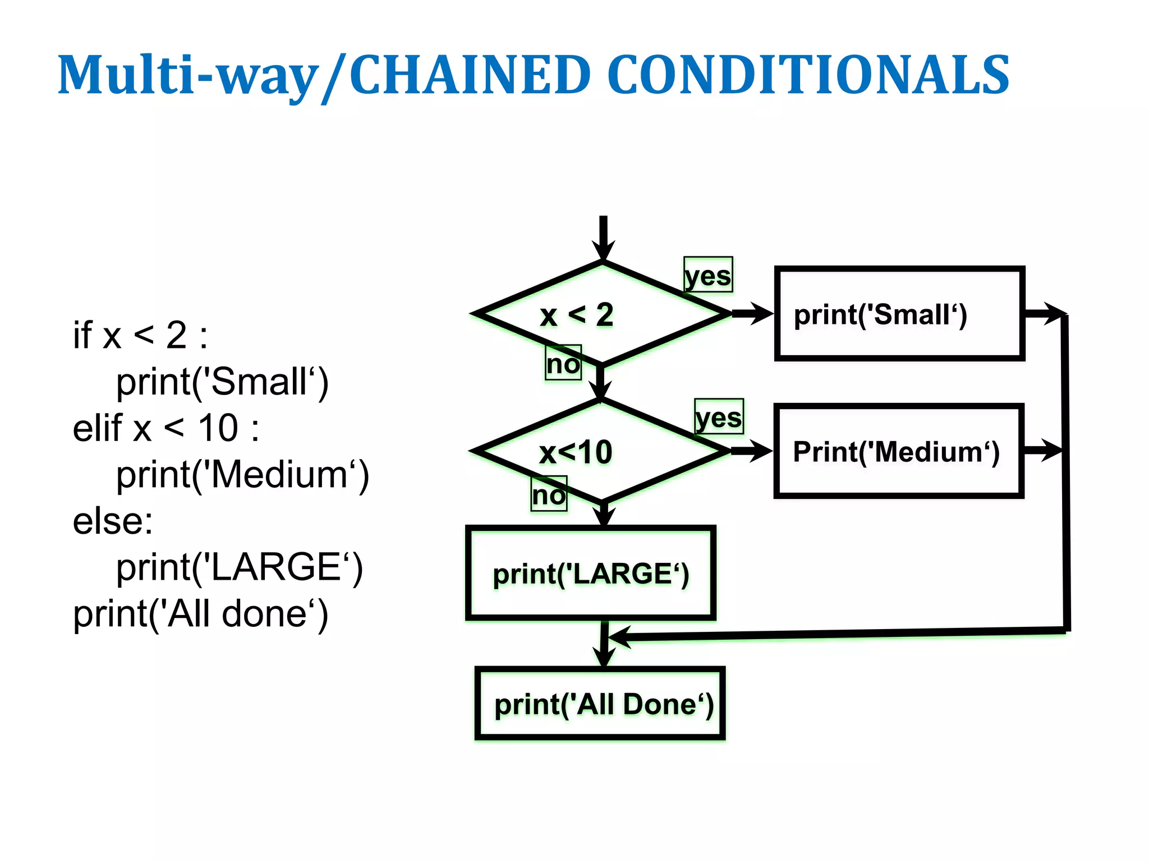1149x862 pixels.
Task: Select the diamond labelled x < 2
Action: (x=601, y=314)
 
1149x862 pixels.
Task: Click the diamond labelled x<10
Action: (x=600, y=451)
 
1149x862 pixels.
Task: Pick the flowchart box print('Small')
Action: (x=899, y=314)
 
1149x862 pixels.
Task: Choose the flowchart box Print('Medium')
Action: (x=898, y=451)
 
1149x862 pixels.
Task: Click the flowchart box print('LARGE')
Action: (x=591, y=574)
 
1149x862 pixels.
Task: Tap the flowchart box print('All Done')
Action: (x=600, y=704)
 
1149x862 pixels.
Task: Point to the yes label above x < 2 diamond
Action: (x=708, y=275)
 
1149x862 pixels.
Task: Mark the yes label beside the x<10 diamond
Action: (x=719, y=417)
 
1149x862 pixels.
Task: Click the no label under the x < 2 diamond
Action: (x=563, y=363)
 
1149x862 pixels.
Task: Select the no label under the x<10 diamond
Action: (x=549, y=494)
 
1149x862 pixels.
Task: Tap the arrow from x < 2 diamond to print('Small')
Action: (x=752, y=314)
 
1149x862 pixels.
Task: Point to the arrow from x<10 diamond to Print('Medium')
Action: (x=751, y=451)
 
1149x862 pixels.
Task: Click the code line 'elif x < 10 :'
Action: (x=166, y=428)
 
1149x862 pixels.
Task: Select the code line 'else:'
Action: (x=113, y=521)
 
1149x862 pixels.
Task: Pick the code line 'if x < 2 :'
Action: (x=140, y=335)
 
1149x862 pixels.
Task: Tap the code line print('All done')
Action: (x=200, y=613)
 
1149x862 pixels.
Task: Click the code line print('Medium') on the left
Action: (x=242, y=475)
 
